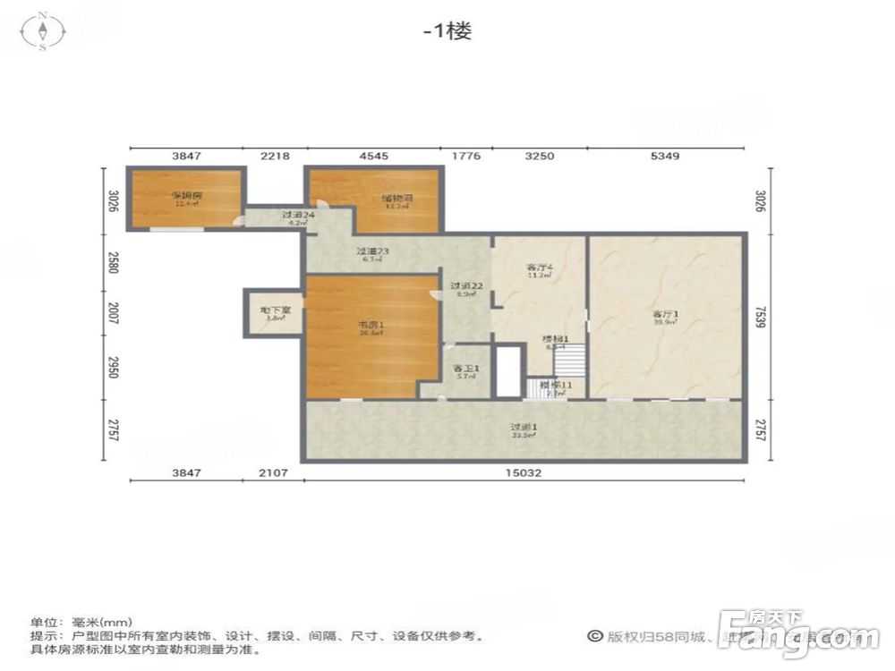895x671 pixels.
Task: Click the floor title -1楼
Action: [x=447, y=30]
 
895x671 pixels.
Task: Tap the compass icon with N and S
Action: [x=43, y=31]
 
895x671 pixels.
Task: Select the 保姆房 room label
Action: [x=187, y=196]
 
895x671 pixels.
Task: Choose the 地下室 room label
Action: [x=273, y=311]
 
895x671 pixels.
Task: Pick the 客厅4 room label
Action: [x=539, y=268]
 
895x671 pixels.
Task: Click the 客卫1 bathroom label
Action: [x=466, y=369]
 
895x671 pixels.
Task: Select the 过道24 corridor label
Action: [x=297, y=216]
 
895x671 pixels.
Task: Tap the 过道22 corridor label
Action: [x=466, y=286]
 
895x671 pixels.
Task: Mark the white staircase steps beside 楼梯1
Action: [x=568, y=361]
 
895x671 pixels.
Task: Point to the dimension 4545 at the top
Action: [x=373, y=156]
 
